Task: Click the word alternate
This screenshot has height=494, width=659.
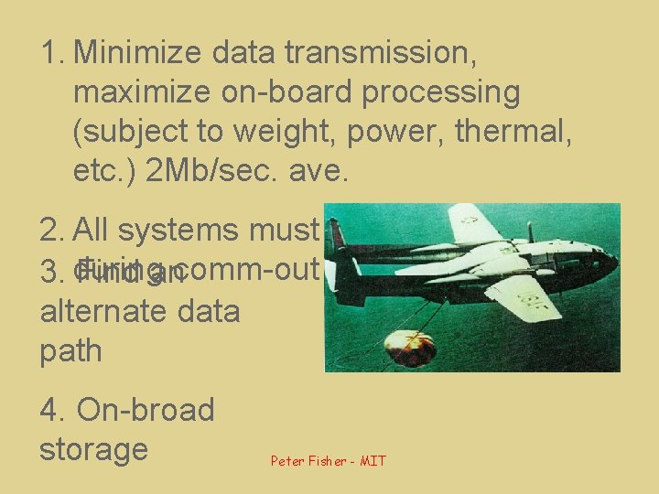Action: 101,311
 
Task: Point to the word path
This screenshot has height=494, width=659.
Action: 70,350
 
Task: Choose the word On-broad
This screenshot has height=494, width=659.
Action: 146,410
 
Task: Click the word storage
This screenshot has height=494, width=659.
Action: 93,449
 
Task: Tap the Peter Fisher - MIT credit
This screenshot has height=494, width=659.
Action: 328,461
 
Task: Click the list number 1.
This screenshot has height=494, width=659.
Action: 50,54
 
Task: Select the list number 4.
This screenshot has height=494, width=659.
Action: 50,410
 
